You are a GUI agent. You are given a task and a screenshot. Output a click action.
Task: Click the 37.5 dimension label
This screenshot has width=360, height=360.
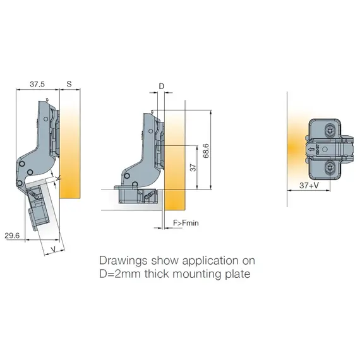pyautogui.click(x=37, y=84)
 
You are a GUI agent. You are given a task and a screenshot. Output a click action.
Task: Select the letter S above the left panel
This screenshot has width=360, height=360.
pyautogui.click(x=69, y=84)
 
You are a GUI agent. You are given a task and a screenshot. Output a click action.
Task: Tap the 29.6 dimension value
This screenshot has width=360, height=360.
pyautogui.click(x=12, y=236)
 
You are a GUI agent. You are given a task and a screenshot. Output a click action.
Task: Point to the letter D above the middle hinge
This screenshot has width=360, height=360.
pyautogui.click(x=162, y=87)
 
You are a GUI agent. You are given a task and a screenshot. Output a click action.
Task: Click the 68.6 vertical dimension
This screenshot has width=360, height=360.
pyautogui.click(x=206, y=151)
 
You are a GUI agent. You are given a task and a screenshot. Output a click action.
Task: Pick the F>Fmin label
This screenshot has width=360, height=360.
pyautogui.click(x=186, y=223)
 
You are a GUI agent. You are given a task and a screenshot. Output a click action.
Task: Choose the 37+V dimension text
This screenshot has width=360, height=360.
pyautogui.click(x=309, y=185)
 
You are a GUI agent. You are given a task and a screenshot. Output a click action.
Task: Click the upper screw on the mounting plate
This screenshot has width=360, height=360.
pyautogui.click(x=330, y=131)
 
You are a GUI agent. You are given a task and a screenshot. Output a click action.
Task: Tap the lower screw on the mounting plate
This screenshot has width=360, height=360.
pyautogui.click(x=330, y=167)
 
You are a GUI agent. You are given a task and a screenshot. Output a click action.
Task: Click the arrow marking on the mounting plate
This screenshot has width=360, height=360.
pyautogui.click(x=311, y=150)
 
